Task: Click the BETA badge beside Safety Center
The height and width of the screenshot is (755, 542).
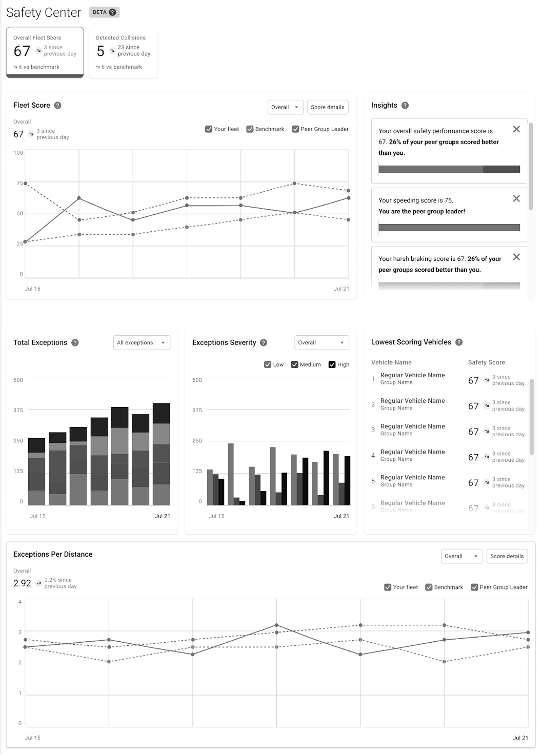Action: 104,12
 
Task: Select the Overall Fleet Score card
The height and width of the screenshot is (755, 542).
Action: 45,52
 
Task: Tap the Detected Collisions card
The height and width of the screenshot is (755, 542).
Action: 123,52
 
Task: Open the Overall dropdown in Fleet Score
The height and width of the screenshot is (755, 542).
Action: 285,107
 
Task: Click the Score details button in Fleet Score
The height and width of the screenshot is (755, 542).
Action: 328,107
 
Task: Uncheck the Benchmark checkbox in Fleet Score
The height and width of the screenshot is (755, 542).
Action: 250,129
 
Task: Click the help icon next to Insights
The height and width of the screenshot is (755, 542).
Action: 405,106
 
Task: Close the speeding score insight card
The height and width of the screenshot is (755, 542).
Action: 516,198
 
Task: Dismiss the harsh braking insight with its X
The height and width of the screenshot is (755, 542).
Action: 516,257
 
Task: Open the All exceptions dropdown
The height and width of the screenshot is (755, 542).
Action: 141,343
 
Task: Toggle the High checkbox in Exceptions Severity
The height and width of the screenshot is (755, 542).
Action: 332,364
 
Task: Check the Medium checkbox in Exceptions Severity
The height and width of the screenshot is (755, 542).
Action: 294,364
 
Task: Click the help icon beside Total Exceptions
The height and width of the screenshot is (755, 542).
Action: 75,343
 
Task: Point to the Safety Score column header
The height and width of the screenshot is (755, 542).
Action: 486,362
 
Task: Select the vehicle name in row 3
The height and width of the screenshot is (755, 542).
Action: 412,426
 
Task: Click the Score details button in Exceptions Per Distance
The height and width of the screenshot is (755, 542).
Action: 507,556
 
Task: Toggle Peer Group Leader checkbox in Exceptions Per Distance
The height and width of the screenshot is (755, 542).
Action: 474,587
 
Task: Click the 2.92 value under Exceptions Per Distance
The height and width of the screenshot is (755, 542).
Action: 23,583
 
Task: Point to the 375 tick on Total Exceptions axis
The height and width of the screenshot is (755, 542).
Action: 18,410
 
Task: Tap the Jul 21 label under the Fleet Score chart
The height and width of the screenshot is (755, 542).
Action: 341,289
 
